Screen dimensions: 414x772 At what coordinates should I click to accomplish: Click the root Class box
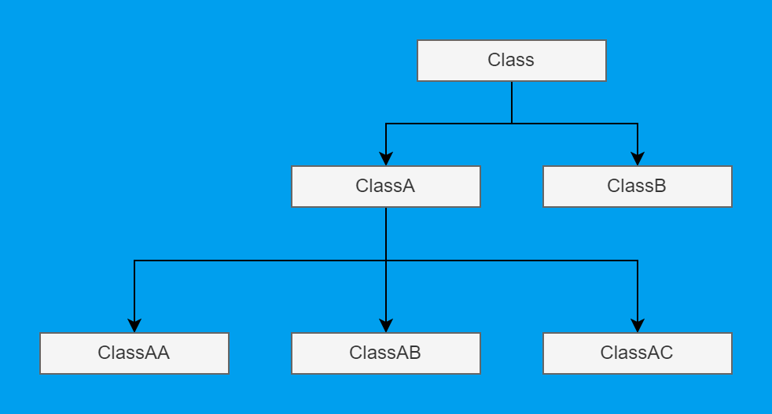(511, 61)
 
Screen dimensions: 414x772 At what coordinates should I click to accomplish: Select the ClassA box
(385, 187)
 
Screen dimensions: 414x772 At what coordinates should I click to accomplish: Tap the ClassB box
(637, 187)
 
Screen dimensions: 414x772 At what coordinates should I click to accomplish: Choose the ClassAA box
(134, 353)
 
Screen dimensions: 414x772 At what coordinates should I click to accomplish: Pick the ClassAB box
(385, 353)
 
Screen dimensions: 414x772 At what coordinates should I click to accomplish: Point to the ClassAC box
(637, 353)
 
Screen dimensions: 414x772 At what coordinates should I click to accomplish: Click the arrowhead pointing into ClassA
(386, 158)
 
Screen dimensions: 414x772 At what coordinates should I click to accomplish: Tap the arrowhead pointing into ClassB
(638, 158)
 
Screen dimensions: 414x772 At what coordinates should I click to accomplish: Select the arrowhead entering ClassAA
(134, 325)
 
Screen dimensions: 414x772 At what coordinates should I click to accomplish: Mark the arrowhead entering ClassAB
(386, 325)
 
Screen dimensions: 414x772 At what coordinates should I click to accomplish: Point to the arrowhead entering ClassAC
(638, 325)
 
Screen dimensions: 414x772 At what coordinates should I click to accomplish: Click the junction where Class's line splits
(512, 124)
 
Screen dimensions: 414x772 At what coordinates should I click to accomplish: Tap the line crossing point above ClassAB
(386, 261)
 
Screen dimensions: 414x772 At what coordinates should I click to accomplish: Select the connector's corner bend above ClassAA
(134, 261)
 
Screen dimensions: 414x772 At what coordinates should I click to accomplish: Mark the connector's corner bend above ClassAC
(638, 261)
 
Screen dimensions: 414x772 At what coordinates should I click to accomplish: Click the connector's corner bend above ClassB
(638, 124)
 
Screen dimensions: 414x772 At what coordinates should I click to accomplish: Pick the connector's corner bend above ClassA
(386, 124)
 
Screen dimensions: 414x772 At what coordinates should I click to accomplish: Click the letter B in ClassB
(660, 187)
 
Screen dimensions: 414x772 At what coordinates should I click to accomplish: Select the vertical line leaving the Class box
(512, 102)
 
